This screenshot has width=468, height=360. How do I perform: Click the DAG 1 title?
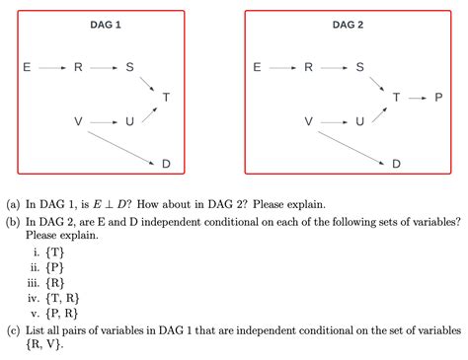105,24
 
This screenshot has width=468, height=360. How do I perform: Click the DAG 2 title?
348,24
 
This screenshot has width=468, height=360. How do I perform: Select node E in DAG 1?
27,68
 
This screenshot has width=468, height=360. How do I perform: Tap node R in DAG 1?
78,68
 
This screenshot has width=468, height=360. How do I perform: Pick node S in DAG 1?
128,68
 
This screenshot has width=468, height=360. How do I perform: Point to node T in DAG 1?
165,97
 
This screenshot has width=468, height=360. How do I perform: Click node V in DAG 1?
78,121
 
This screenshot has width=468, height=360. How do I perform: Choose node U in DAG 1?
128,121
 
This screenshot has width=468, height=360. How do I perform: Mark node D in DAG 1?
165,163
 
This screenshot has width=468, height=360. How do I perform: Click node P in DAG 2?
438,98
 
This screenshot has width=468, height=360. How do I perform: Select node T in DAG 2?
396,98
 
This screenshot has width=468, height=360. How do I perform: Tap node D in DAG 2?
396,163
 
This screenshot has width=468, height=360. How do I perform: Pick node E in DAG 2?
258,68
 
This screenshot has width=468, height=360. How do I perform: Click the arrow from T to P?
418,98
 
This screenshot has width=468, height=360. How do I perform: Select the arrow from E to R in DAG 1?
51,68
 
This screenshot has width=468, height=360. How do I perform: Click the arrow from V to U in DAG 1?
103,121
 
